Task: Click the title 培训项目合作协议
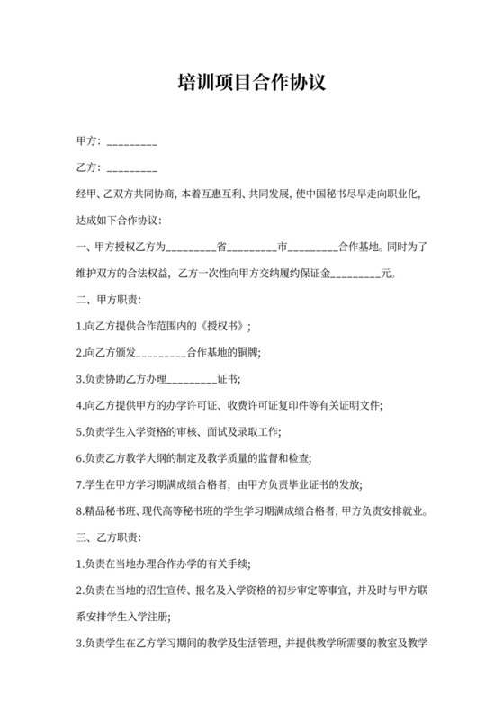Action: [x=251, y=84]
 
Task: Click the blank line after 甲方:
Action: [x=132, y=143]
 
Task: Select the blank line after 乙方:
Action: [x=132, y=169]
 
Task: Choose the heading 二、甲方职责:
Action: [x=109, y=299]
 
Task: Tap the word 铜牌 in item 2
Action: [x=246, y=351]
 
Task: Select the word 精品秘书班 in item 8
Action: [x=111, y=511]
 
